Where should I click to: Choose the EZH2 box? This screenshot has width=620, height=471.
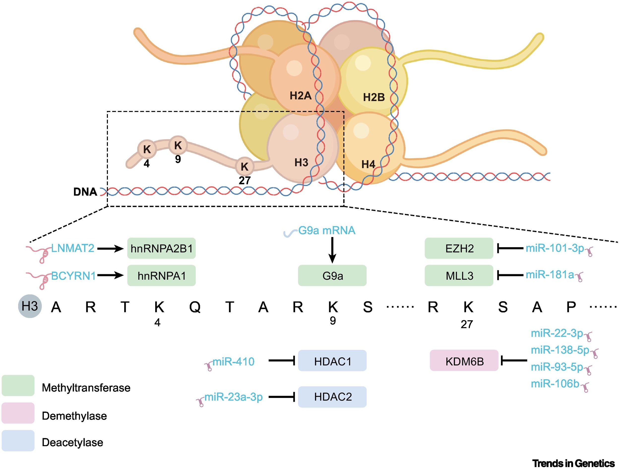tap(459, 248)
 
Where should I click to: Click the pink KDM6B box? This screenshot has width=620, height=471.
tap(464, 361)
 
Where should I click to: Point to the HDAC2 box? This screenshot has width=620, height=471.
tap(332, 397)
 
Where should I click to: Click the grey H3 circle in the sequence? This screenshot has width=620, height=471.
tap(30, 306)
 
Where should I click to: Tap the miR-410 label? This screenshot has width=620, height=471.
tap(233, 361)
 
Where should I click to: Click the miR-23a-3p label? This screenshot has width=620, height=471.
tap(233, 397)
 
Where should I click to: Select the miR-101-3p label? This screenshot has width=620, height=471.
tap(555, 248)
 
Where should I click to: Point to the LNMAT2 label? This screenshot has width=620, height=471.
tap(73, 248)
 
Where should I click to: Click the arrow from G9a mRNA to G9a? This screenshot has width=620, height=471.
tap(332, 250)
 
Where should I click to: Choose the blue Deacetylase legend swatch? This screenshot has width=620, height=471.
tap(18, 441)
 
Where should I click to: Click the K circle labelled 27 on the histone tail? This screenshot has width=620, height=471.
tap(245, 166)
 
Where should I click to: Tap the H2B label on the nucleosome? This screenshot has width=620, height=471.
tap(374, 97)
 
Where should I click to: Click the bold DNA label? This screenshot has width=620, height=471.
tap(85, 192)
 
